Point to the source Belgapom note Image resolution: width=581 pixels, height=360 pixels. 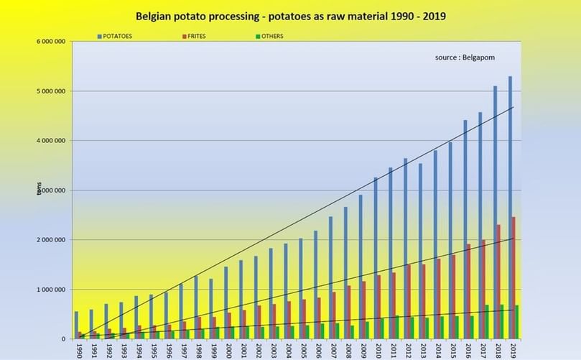(465, 57)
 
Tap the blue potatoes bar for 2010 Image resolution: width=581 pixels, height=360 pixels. (376, 258)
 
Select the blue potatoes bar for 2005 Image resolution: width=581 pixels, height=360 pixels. (301, 288)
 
